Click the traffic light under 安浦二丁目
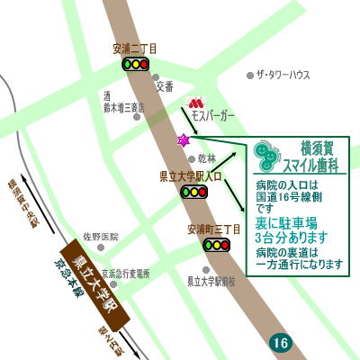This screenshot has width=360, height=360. click(135, 65)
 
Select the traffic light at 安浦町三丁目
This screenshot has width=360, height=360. click(217, 245)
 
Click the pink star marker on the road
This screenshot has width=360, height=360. click(184, 140)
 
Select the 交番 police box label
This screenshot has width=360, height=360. click(164, 88)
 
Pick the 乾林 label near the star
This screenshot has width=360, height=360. click(206, 157)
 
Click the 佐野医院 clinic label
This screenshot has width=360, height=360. click(101, 236)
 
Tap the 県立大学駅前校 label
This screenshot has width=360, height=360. click(210, 281)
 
